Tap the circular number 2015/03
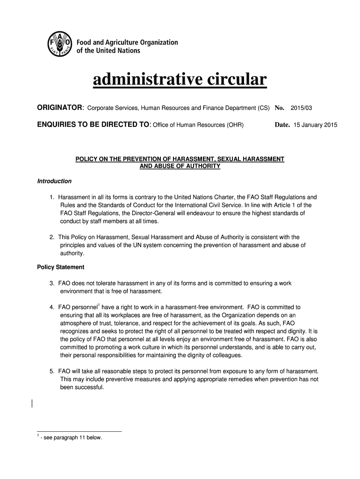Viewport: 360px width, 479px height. [x=301, y=109]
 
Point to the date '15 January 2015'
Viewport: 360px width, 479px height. [x=315, y=126]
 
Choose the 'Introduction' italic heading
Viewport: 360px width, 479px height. [x=54, y=181]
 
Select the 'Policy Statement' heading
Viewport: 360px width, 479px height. [x=61, y=268]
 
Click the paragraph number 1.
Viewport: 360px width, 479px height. [x=52, y=197]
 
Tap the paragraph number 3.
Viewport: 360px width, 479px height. [x=52, y=283]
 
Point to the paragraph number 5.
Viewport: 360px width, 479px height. [x=52, y=371]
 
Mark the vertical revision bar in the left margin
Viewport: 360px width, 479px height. [x=32, y=404]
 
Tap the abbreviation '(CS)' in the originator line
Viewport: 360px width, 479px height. [x=263, y=109]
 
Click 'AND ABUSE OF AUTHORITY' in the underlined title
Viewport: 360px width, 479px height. [x=180, y=167]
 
